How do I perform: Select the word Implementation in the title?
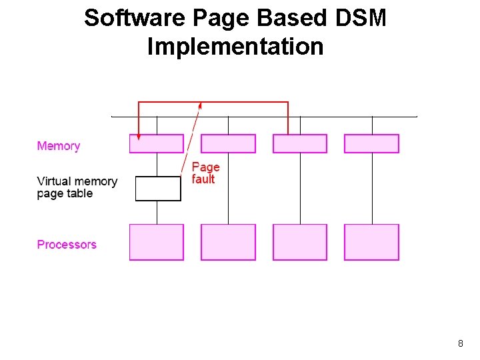[x=235, y=47]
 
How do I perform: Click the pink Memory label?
[x=59, y=146]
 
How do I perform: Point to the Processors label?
[x=67, y=245]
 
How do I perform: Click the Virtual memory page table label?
[x=77, y=187]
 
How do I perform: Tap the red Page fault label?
[x=205, y=173]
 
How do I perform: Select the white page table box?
[x=158, y=189]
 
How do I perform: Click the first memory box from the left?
[x=156, y=144]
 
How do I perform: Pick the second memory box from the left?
[x=228, y=144]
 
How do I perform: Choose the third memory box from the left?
[x=300, y=144]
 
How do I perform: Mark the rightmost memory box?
[x=371, y=144]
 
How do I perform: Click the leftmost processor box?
[x=156, y=242]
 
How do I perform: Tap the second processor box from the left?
[x=228, y=242]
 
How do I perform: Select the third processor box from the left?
[x=300, y=242]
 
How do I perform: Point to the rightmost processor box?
[x=371, y=242]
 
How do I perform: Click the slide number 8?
[x=461, y=344]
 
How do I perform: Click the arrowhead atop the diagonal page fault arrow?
[x=200, y=106]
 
